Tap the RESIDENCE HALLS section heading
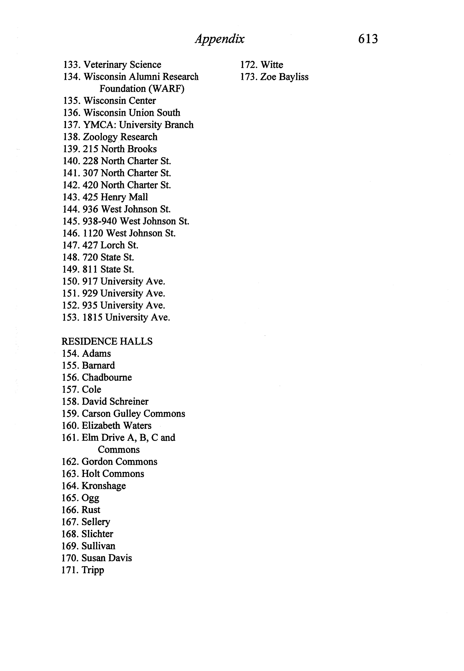pos(107,341)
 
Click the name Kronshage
pos(104,486)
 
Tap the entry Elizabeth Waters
pos(117,426)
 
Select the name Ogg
pos(90,498)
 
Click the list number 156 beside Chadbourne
pos(70,377)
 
